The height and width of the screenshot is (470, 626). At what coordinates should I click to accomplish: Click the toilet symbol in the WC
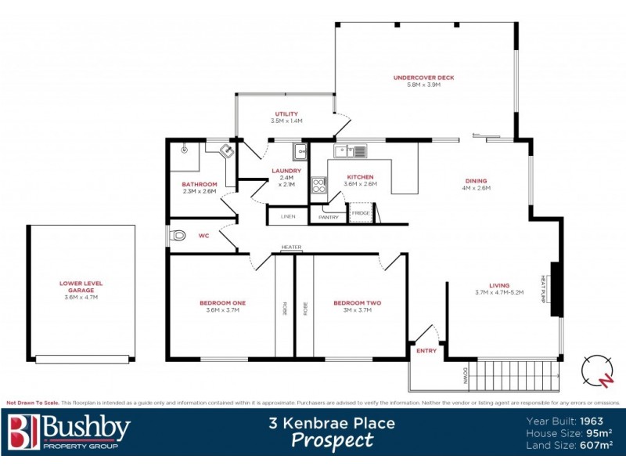point(178,234)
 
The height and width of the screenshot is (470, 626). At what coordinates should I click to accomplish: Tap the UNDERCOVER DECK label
point(423,78)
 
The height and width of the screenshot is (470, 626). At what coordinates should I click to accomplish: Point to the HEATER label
point(291,248)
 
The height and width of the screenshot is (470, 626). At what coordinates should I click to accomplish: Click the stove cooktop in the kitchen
point(319,186)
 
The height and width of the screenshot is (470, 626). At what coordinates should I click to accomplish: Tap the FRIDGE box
point(360,213)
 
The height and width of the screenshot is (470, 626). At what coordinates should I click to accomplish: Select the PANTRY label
point(329,217)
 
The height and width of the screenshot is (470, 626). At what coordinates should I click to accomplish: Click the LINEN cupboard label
point(288,216)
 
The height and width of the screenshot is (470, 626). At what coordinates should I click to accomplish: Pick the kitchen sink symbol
point(350,150)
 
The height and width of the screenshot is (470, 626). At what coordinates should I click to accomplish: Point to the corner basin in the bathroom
point(226,150)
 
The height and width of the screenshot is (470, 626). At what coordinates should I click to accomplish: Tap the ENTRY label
point(426,350)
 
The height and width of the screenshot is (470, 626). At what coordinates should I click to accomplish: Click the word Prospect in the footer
point(332,440)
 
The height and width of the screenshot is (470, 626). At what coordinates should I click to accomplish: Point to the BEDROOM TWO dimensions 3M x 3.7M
point(357,310)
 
